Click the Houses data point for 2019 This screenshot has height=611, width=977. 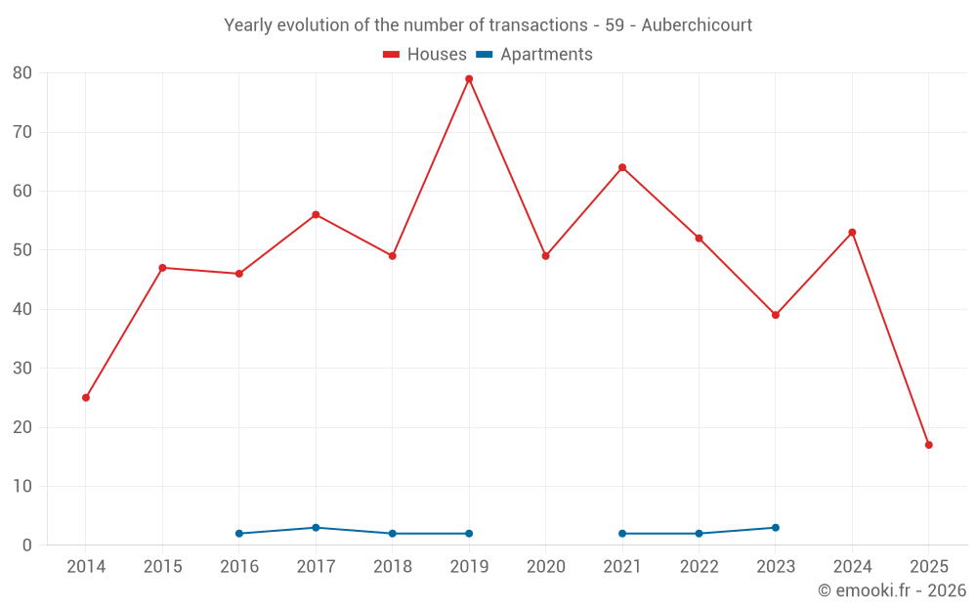(x=469, y=79)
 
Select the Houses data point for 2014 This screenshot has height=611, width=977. (x=86, y=398)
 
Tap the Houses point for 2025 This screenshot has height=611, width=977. (x=929, y=445)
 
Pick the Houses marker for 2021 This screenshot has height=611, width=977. (x=622, y=167)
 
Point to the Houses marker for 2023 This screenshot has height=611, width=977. (x=776, y=315)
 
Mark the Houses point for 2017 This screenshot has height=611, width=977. (x=316, y=214)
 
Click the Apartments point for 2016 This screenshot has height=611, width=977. (x=239, y=534)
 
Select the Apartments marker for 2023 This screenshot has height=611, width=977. (x=776, y=528)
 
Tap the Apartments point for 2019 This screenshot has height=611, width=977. (x=469, y=534)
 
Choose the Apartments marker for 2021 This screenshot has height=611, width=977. (x=622, y=534)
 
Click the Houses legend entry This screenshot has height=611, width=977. (x=425, y=55)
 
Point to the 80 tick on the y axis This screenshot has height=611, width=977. (x=22, y=73)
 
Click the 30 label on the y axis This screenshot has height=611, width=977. (x=22, y=369)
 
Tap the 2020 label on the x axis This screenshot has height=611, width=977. (x=546, y=567)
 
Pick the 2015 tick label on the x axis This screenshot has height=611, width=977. (x=163, y=567)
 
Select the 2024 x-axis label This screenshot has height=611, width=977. (x=852, y=567)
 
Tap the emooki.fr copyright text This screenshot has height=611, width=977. (x=892, y=590)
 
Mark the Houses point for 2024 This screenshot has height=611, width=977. (x=852, y=233)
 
